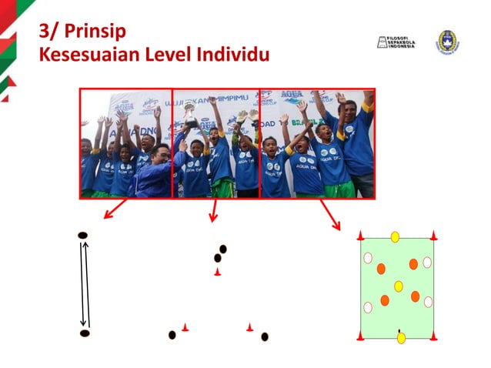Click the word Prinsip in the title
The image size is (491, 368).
tap(95, 32)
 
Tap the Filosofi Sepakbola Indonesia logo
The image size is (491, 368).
tap(396, 42)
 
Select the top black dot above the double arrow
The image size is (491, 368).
tap(83, 235)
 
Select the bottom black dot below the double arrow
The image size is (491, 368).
tap(85, 333)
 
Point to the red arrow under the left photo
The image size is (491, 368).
tap(115, 209)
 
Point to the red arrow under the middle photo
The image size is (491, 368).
tap(213, 210)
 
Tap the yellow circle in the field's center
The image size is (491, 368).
tap(399, 286)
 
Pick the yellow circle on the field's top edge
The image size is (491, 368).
tap(395, 237)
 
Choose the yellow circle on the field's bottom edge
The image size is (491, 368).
tap(401, 338)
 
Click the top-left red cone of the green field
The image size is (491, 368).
tap(360, 236)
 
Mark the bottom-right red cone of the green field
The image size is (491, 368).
tap(433, 336)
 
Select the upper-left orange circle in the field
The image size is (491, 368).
tap(381, 269)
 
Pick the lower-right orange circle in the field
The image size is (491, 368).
tap(416, 296)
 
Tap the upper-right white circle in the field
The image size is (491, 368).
tap(427, 263)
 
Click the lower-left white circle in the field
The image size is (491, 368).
tap(368, 308)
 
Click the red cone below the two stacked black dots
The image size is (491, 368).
tap(218, 273)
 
